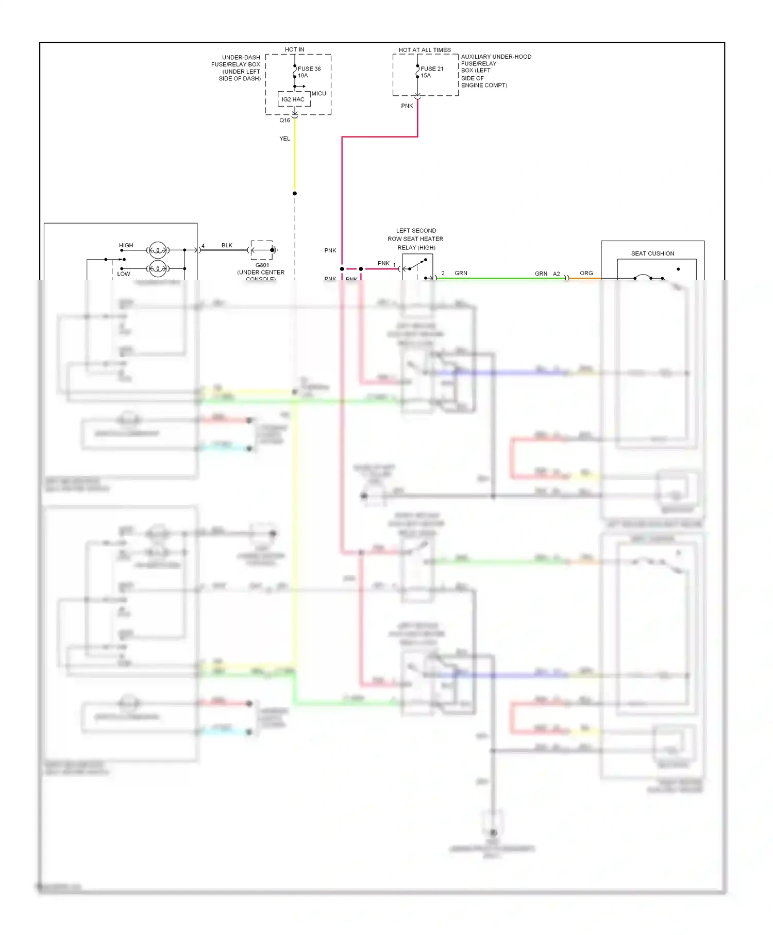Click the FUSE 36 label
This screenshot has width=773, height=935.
pyautogui.click(x=309, y=69)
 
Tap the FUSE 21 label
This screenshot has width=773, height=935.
pyautogui.click(x=431, y=69)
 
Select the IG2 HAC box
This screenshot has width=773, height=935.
pyautogui.click(x=293, y=99)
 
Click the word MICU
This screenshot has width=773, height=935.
pyautogui.click(x=318, y=93)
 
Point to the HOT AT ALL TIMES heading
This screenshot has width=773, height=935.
pyautogui.click(x=424, y=50)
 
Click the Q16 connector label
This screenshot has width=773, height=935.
pyautogui.click(x=284, y=121)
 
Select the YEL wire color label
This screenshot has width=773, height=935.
pyautogui.click(x=284, y=139)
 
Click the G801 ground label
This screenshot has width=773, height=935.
pyautogui.click(x=262, y=265)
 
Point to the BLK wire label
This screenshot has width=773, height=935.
pyautogui.click(x=227, y=245)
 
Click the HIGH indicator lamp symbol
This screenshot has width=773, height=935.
pyautogui.click(x=157, y=250)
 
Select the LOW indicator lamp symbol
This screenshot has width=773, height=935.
pyautogui.click(x=157, y=268)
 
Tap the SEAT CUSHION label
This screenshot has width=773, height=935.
pyautogui.click(x=652, y=253)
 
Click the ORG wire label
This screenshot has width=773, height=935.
pyautogui.click(x=586, y=273)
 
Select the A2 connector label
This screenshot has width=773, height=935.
pyautogui.click(x=557, y=274)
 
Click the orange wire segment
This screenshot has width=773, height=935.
pyautogui.click(x=585, y=279)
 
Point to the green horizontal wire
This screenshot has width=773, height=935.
pyautogui.click(x=500, y=279)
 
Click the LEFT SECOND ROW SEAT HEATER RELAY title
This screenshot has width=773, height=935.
pyautogui.click(x=415, y=239)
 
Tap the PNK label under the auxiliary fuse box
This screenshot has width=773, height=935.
pyautogui.click(x=407, y=106)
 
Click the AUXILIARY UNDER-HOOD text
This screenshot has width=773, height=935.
pyautogui.click(x=496, y=57)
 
